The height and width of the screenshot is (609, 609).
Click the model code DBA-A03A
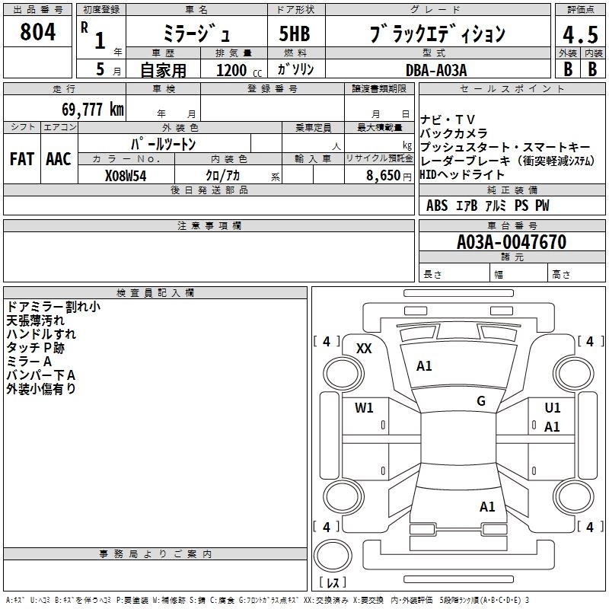pyautogui.click(x=435, y=69)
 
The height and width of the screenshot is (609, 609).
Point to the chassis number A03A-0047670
pyautogui.click(x=511, y=242)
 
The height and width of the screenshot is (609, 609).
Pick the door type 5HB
pyautogui.click(x=294, y=34)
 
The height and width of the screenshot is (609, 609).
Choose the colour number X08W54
pyautogui.click(x=125, y=176)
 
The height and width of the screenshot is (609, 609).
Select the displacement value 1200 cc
pyautogui.click(x=231, y=70)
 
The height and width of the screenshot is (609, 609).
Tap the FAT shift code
pyautogui.click(x=22, y=159)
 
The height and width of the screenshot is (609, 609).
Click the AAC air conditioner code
pyautogui.click(x=58, y=159)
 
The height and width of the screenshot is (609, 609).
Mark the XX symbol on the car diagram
pyautogui.click(x=364, y=348)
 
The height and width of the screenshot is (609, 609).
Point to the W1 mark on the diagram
pyautogui.click(x=364, y=407)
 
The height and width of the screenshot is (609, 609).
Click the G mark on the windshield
pyautogui.click(x=480, y=401)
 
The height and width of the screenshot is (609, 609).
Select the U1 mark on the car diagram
pyautogui.click(x=553, y=408)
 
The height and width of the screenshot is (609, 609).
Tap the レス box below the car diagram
pyautogui.click(x=332, y=583)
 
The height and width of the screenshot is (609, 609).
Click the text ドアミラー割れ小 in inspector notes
pyautogui.click(x=53, y=307)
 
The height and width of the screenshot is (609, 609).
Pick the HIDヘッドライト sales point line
pyautogui.click(x=462, y=174)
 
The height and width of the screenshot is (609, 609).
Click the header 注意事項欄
pyautogui.click(x=209, y=226)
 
